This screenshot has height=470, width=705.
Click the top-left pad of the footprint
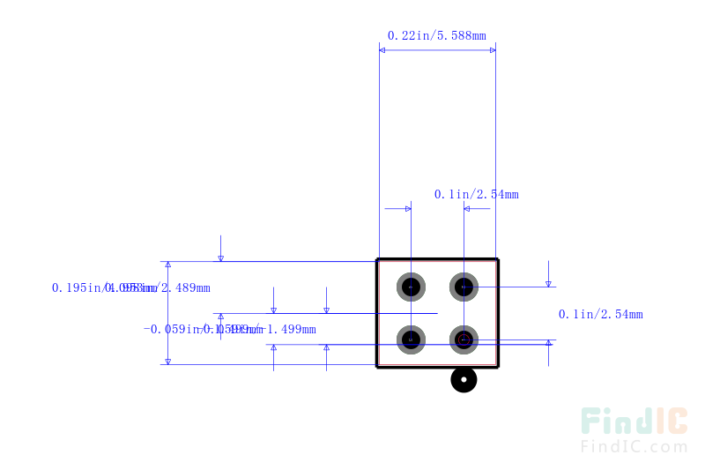pyautogui.click(x=411, y=287)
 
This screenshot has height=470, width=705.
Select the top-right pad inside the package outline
pyautogui.click(x=464, y=287)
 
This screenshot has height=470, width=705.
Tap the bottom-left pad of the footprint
pyautogui.click(x=411, y=339)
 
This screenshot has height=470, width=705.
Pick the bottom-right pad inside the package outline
pyautogui.click(x=464, y=339)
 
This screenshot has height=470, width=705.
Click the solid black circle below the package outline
pyautogui.click(x=464, y=380)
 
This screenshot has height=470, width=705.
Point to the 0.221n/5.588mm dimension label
pyautogui.click(x=436, y=36)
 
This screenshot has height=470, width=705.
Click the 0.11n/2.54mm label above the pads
pyautogui.click(x=476, y=194)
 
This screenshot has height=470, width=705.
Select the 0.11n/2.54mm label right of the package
pyautogui.click(x=600, y=314)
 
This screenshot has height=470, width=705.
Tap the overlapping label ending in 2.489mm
pyautogui.click(x=131, y=287)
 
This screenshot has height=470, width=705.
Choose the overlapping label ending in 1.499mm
pyautogui.click(x=229, y=330)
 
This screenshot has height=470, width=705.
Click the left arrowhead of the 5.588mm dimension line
pyautogui.click(x=383, y=50)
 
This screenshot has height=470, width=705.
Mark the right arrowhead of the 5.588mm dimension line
pyautogui.click(x=491, y=50)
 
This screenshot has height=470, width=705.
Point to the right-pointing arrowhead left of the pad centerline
pyautogui.click(x=407, y=209)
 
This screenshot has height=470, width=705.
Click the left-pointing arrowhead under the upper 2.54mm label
pyautogui.click(x=468, y=209)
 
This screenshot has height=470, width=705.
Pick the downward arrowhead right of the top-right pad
pyautogui.click(x=548, y=283)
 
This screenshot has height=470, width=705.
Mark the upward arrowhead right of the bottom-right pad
pyautogui.click(x=548, y=344)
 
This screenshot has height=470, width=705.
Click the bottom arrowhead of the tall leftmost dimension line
pyautogui.click(x=167, y=360)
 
